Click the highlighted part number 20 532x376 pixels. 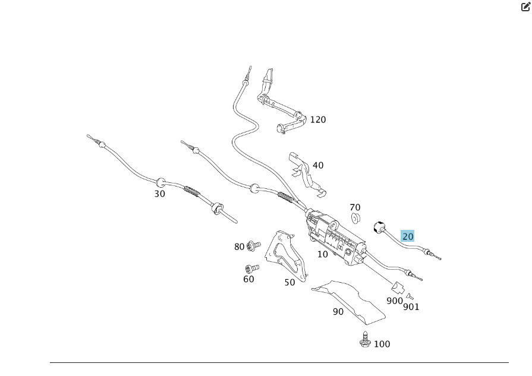click(408, 236)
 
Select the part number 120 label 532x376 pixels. click(318, 119)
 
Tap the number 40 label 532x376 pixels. click(318, 165)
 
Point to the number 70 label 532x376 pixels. click(355, 207)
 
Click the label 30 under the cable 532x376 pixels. click(160, 194)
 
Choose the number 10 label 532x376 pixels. click(323, 254)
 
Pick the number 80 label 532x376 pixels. click(240, 247)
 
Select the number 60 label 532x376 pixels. click(248, 279)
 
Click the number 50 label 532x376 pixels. click(289, 283)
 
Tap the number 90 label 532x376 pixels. click(338, 311)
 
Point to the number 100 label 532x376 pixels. click(382, 344)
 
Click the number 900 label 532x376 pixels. click(395, 301)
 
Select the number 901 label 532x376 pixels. click(411, 307)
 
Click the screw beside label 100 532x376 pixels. click(364, 340)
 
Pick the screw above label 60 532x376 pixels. click(250, 268)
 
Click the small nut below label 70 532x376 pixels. click(355, 218)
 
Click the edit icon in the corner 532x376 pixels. click(525, 7)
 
